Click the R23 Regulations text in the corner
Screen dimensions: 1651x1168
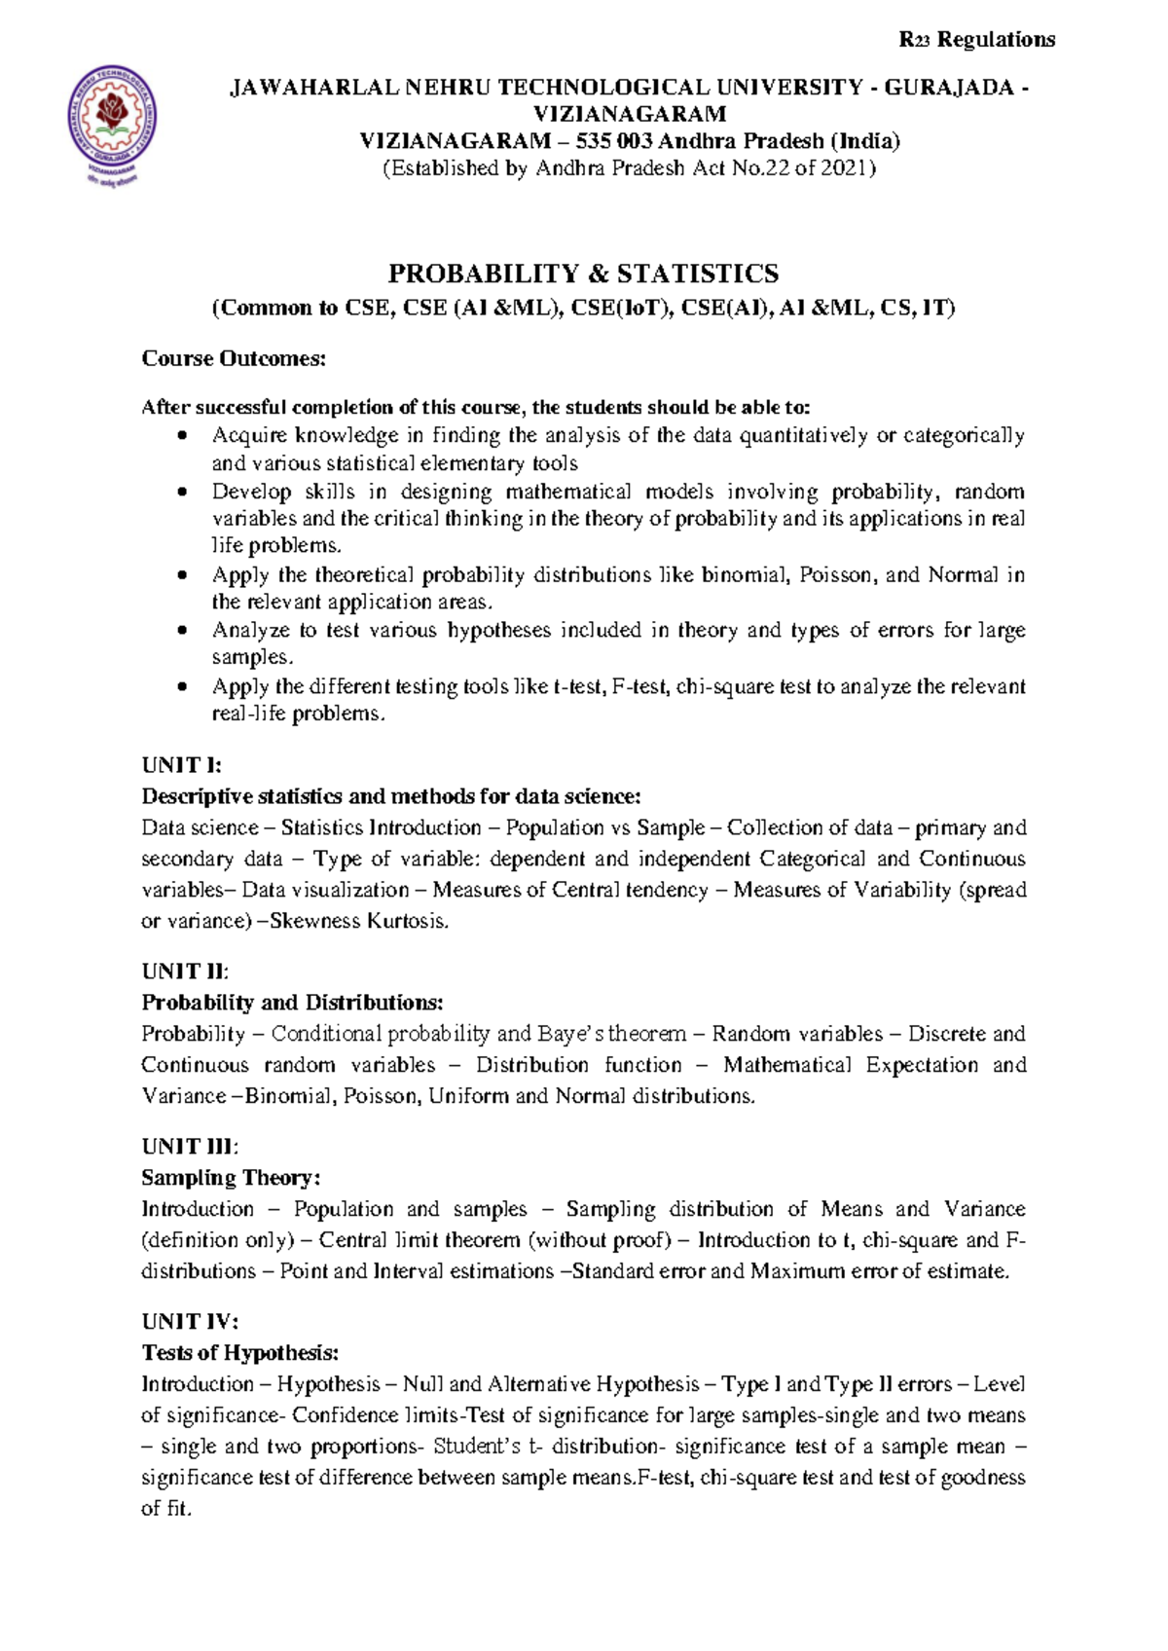pyautogui.click(x=976, y=40)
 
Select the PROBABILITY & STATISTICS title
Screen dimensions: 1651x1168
pyautogui.click(x=583, y=274)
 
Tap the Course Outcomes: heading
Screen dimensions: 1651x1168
pyautogui.click(x=234, y=358)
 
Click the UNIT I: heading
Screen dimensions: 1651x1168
pyautogui.click(x=182, y=765)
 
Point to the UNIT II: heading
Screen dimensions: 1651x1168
pyautogui.click(x=185, y=972)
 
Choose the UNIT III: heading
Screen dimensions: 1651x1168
pyautogui.click(x=190, y=1147)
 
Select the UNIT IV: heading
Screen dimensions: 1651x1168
pyautogui.click(x=190, y=1322)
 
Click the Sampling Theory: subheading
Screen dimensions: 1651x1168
pyautogui.click(x=231, y=1178)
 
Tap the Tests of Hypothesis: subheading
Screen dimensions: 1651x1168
pyautogui.click(x=240, y=1353)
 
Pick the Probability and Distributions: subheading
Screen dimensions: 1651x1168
pyautogui.click(x=292, y=1003)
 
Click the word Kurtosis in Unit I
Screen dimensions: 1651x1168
pyautogui.click(x=407, y=921)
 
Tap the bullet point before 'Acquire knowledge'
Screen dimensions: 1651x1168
pyautogui.click(x=182, y=435)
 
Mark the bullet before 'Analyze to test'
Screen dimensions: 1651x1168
pyautogui.click(x=182, y=631)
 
